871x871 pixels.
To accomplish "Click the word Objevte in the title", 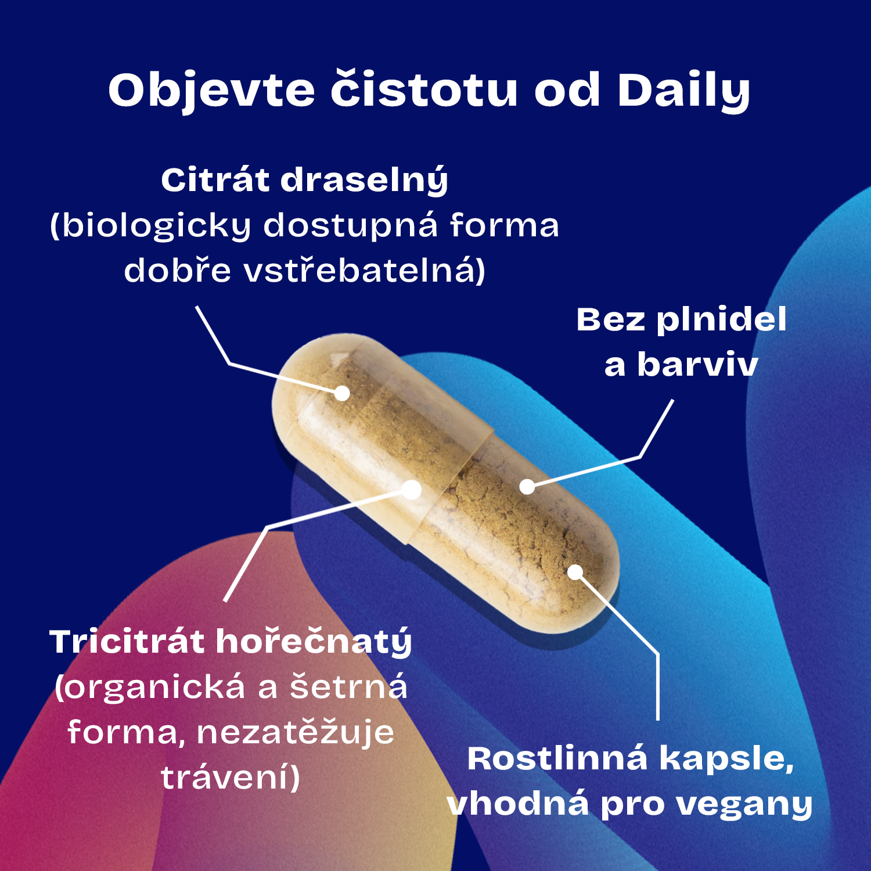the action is point(211,91).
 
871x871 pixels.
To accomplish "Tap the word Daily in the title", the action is point(684,91).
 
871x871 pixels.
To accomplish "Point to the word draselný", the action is point(365,181).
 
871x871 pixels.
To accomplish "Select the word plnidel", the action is point(721,321).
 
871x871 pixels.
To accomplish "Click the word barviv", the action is point(697,365).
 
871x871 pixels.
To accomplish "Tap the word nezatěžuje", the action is point(296,732).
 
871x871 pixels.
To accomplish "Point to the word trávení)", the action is point(231,778).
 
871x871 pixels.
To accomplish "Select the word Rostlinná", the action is point(557,758).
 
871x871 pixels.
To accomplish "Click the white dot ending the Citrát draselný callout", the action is point(343,394).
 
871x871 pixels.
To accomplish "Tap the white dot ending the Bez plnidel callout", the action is point(527,487).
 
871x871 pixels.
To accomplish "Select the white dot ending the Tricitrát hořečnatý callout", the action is point(412,490).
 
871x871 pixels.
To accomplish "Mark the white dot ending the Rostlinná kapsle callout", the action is point(575,573).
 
